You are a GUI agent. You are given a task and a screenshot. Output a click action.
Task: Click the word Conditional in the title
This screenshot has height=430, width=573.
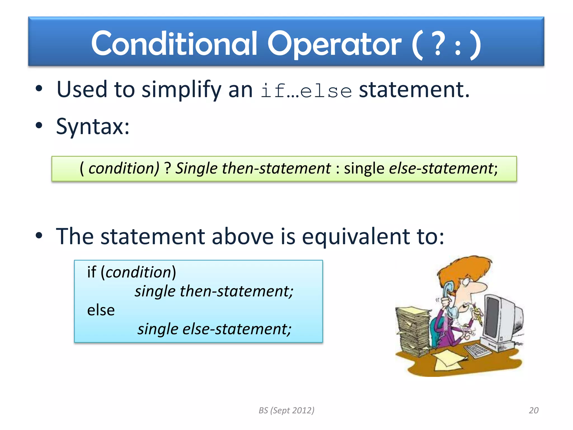pos(174,44)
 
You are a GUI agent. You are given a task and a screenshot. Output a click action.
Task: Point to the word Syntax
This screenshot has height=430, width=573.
pos(92,127)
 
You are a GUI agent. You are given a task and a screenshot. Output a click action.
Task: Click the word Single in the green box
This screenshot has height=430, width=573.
pos(196,169)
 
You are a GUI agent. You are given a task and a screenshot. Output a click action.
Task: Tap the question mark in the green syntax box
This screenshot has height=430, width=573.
pos(167,169)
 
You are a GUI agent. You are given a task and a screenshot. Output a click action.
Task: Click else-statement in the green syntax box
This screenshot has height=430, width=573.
pos(442,169)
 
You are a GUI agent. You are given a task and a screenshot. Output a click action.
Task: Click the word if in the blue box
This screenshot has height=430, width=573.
pos(91,272)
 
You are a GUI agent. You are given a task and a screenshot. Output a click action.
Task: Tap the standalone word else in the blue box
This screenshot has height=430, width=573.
pos(101,310)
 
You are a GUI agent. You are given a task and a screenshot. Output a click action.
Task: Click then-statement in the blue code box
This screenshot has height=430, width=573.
pos(236,291)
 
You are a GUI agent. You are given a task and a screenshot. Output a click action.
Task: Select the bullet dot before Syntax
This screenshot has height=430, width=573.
pos(39,126)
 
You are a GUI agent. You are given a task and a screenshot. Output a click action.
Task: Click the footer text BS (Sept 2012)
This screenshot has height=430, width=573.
pos(286,410)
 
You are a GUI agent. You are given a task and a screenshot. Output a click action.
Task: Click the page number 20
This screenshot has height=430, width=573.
pos(533,410)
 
